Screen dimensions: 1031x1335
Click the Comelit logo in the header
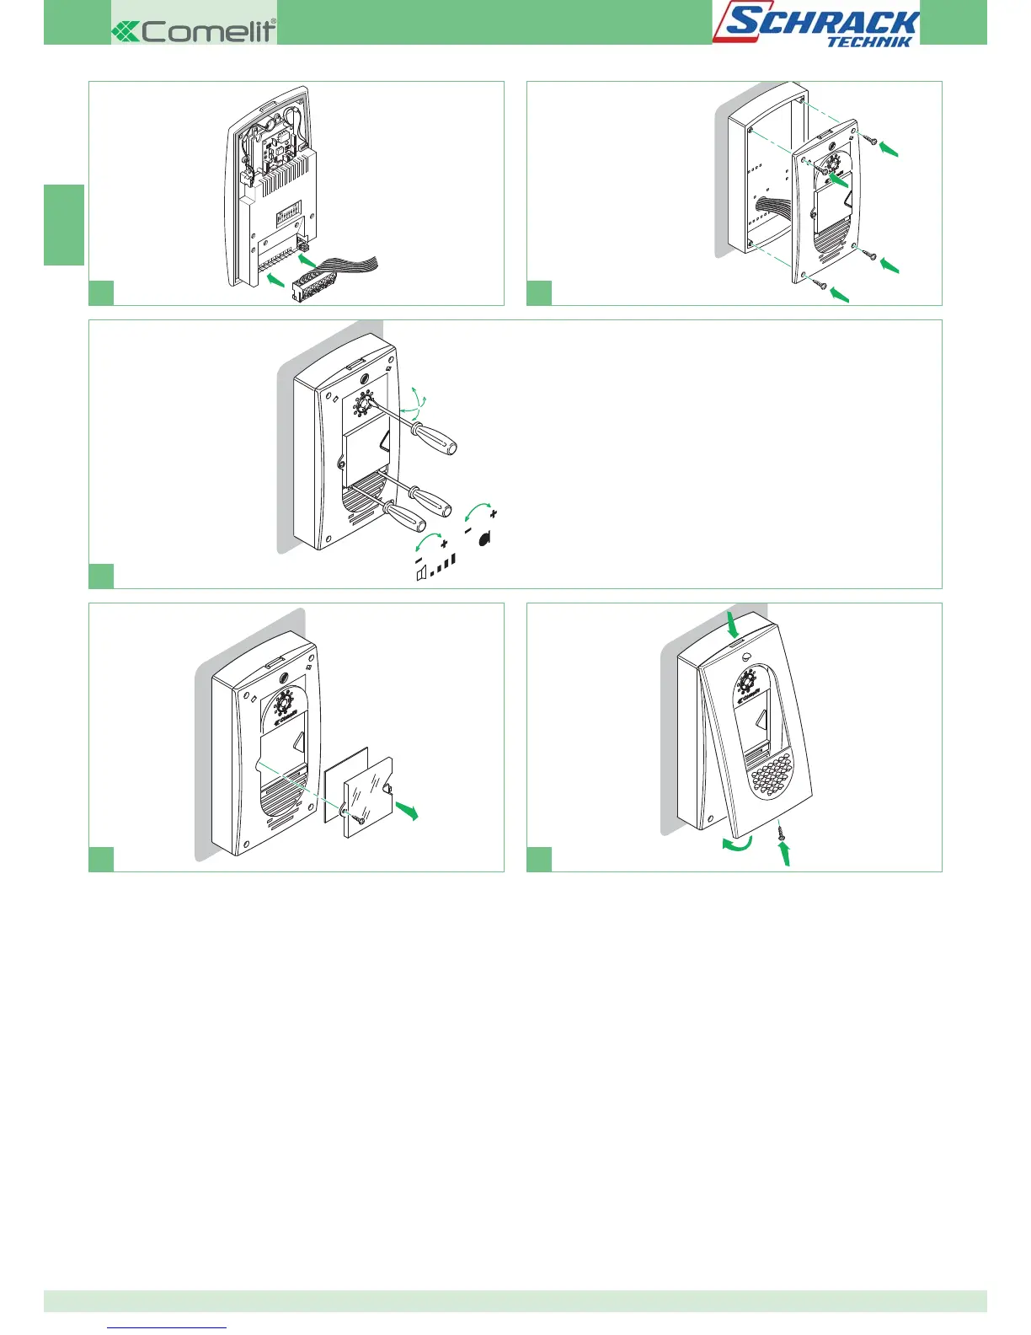pos(194,31)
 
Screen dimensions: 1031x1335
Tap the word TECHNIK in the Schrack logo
pos(868,41)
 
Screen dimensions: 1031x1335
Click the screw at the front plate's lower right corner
pos(870,255)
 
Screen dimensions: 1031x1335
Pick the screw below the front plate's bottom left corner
pos(819,286)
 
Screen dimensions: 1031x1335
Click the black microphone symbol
pos(484,539)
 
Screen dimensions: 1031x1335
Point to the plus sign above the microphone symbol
pos(493,512)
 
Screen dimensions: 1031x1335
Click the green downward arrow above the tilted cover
pos(732,625)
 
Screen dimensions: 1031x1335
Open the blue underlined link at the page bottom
pos(168,1327)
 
